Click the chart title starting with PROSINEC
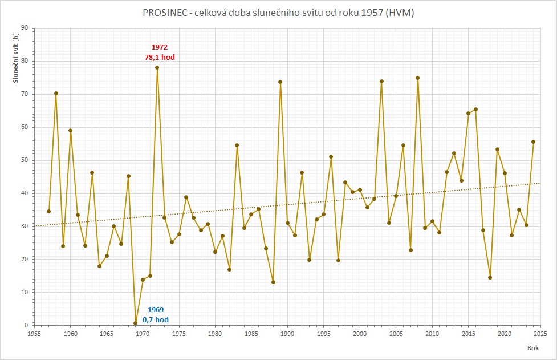tap(278, 13)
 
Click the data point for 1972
tap(157, 67)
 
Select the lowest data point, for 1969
tap(136, 323)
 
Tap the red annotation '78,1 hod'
tap(160, 57)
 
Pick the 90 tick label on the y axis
tap(24, 28)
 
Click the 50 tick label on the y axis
tap(24, 160)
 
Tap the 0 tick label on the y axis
tap(26, 325)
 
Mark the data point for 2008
tap(417, 78)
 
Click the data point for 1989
tap(280, 82)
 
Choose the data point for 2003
tap(381, 81)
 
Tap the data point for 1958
tap(56, 93)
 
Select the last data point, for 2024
tap(533, 141)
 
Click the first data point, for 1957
tap(49, 211)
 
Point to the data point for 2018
tap(490, 277)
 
